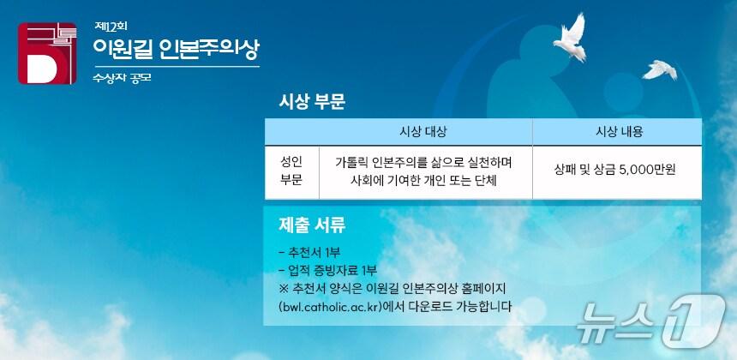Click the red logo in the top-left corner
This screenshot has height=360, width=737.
51,54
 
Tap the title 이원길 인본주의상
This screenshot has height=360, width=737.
174,48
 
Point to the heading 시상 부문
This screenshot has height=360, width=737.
312,102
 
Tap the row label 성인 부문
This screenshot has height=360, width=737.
291,171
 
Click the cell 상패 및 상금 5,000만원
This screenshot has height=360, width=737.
616,170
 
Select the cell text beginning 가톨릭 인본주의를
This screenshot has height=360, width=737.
423,171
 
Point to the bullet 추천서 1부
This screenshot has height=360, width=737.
309,253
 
